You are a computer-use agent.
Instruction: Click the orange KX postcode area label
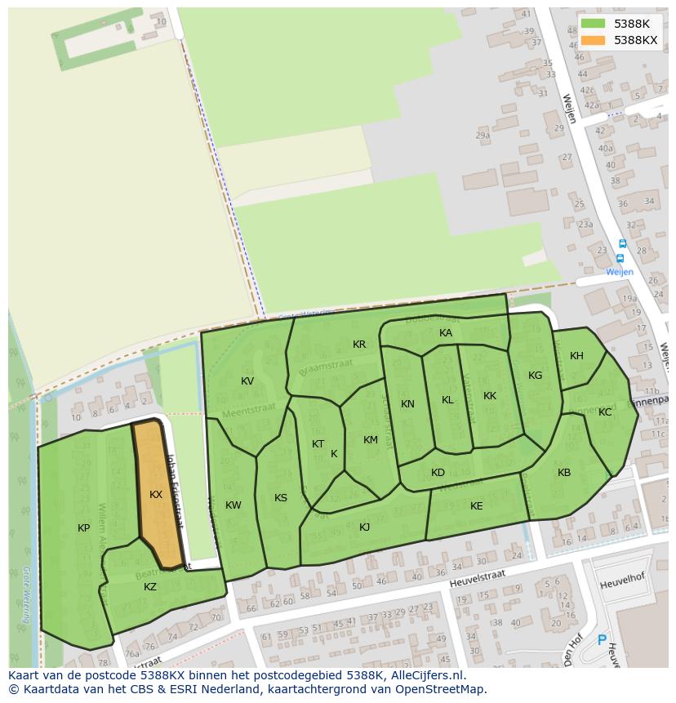[x=156, y=495]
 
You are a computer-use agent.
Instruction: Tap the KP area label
[x=83, y=528]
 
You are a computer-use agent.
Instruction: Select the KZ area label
[x=150, y=587]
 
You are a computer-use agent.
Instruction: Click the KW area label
[x=233, y=505]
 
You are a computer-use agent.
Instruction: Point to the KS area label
[x=281, y=498]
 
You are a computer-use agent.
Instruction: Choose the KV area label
[x=247, y=381]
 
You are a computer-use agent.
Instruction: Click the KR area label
[x=359, y=345]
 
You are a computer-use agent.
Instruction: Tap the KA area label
[x=446, y=333]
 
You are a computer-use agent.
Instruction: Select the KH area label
[x=577, y=356]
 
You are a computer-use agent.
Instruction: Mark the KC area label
[x=605, y=412]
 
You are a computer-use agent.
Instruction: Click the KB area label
[x=564, y=473]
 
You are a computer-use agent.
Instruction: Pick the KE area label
[x=477, y=506]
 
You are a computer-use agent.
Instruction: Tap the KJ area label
[x=364, y=527]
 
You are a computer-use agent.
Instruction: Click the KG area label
[x=535, y=376]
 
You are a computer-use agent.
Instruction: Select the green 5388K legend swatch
[x=594, y=24]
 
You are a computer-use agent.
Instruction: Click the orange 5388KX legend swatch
[x=594, y=40]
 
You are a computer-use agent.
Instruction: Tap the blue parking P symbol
[x=603, y=642]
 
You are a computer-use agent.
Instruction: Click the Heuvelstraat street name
[x=477, y=578]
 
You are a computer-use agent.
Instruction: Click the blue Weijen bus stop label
[x=619, y=272]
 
